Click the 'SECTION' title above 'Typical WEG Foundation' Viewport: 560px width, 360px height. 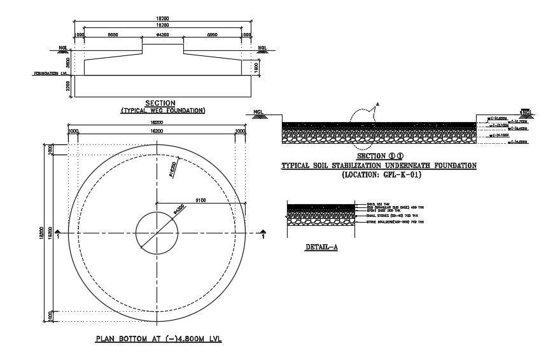(160, 103)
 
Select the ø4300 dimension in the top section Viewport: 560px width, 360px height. (162, 34)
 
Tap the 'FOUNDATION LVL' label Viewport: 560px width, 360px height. (50, 74)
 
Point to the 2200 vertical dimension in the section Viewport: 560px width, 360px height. (60, 87)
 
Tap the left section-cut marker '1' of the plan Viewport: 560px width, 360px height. (58, 235)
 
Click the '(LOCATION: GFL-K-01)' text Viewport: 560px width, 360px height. (379, 174)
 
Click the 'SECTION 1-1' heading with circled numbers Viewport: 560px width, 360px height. (379, 156)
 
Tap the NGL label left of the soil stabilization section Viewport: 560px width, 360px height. (258, 112)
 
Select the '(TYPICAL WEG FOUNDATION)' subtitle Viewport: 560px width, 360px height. (163, 111)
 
